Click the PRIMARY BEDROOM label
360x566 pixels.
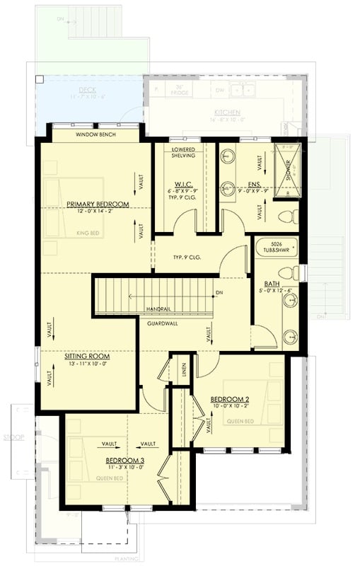(x=98, y=204)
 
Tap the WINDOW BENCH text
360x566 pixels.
(x=96, y=134)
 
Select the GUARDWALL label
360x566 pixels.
(x=162, y=323)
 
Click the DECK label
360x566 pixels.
(x=87, y=90)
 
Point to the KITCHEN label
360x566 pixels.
(x=228, y=112)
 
